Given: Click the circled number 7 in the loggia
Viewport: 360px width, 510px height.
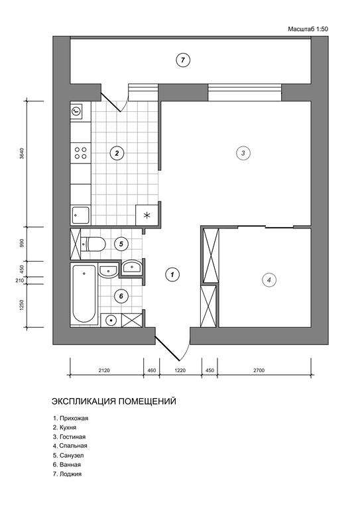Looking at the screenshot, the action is coord(182,60).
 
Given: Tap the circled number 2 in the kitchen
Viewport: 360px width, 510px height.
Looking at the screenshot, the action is coord(117,153).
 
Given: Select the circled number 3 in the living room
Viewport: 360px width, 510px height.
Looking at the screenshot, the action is coord(243,153).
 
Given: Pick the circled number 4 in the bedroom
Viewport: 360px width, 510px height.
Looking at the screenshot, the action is coord(269,280).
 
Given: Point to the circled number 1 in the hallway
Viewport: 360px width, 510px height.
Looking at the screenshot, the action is coord(172,274).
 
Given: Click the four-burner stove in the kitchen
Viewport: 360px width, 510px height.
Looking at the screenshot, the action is coord(81,153).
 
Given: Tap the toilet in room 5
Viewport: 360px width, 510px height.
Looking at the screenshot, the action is coord(93,244).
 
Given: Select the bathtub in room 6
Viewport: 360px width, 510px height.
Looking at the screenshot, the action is coord(84,294).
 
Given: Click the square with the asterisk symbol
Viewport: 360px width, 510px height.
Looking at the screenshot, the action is coord(147,215).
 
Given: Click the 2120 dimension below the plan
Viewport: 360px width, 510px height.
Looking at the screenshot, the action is coord(104,370).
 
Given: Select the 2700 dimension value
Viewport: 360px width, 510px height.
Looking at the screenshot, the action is coord(259,370).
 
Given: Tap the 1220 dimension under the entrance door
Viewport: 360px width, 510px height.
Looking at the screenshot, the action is coord(180,370).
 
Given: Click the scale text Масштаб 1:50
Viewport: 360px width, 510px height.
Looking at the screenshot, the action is coord(308,29).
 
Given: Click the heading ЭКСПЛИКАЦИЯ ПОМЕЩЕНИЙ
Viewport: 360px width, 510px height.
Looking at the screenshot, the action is coord(114,401).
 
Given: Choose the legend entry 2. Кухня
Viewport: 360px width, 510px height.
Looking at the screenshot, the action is coord(64,427).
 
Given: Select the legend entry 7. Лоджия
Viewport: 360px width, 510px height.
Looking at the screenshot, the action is coord(67,474).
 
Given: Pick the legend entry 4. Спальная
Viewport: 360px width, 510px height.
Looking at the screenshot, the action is coord(70,446).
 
